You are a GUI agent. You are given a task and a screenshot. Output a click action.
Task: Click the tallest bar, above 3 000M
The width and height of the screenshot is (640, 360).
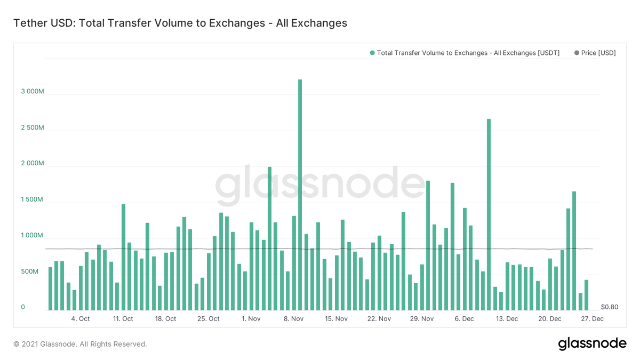coord(300,195)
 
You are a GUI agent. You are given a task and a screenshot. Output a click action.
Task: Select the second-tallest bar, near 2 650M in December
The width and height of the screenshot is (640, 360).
coord(489,214)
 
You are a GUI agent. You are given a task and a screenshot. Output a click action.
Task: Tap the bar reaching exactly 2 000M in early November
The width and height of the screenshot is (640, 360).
coord(269,238)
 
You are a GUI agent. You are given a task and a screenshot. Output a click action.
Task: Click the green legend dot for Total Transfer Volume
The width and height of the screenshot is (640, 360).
coord(372,53)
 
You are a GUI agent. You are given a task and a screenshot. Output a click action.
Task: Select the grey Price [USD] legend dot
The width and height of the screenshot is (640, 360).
coord(577,53)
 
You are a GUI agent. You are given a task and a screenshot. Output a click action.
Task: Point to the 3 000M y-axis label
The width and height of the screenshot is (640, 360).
coord(33,91)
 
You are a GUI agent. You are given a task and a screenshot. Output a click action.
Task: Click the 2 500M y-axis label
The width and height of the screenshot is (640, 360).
coord(33,127)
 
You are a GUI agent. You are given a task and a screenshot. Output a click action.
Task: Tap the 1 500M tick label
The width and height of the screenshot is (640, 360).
coord(33,199)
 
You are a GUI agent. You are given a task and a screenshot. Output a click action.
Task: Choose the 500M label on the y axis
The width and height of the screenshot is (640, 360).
coord(29,271)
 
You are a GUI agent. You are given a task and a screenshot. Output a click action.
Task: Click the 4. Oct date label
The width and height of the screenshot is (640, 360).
coord(81,319)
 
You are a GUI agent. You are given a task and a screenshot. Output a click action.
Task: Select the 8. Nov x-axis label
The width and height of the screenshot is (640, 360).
coord(293,319)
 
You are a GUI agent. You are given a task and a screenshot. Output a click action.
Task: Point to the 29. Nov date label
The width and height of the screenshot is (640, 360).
coord(422,319)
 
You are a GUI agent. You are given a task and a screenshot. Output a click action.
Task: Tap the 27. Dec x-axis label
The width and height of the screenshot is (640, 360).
coord(593,319)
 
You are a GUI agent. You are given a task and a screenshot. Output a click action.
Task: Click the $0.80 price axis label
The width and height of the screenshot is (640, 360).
coord(610,307)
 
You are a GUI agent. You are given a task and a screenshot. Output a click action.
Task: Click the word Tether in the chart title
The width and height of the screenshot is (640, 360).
coord(30,23)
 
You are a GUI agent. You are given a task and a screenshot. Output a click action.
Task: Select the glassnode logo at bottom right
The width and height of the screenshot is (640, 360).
coord(593,343)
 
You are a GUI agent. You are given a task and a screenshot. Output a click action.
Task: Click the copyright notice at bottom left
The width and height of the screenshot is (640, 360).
coord(81,344)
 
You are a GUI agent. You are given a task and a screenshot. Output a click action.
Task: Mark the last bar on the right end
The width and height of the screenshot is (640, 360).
coord(586,295)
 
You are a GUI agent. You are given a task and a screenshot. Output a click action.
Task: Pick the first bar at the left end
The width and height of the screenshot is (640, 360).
coord(50,289)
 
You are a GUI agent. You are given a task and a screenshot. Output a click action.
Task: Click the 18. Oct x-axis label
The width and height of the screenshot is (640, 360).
coord(165,319)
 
